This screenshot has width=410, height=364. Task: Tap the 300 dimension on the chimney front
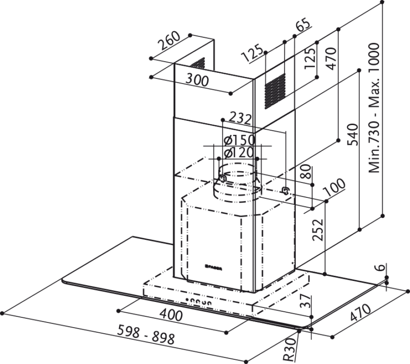[197, 80]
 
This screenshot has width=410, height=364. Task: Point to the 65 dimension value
[303, 24]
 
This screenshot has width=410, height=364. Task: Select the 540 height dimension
[352, 134]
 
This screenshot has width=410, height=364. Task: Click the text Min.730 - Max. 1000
[374, 108]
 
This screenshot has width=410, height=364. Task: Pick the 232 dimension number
[240, 118]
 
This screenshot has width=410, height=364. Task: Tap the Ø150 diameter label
[239, 140]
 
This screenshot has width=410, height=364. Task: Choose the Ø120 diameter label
[239, 152]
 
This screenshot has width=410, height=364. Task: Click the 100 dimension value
[335, 188]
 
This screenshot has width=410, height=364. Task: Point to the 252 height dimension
[318, 230]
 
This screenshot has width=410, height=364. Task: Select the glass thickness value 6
[381, 267]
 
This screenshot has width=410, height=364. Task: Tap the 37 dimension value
[305, 301]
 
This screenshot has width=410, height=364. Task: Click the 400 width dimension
[171, 315]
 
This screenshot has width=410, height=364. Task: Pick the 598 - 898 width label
[146, 334]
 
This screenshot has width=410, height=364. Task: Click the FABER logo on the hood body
[214, 267]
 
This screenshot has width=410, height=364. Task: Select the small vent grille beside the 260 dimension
[198, 64]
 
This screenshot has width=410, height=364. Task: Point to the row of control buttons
[198, 301]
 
